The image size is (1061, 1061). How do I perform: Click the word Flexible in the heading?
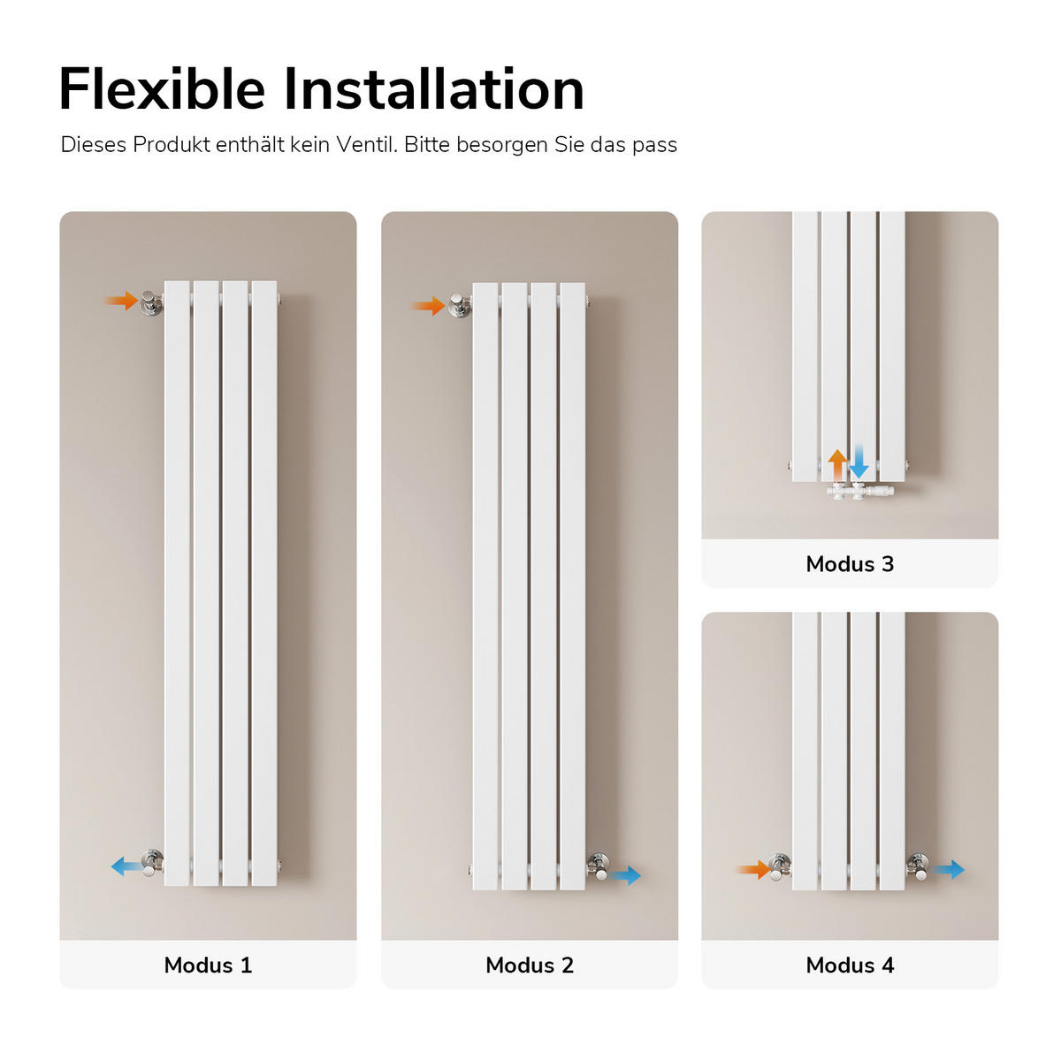coord(163,89)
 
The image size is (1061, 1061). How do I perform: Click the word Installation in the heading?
coord(434,89)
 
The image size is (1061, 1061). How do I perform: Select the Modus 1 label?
coord(208,965)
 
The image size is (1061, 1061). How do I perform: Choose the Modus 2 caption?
coord(530,965)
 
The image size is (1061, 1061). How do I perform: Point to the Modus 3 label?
coord(850,564)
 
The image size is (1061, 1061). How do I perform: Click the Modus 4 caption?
coord(850,965)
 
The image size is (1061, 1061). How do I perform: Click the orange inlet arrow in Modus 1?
coord(121,301)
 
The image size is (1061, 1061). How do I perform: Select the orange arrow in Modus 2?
coord(428,306)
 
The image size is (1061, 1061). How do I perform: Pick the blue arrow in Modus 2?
coord(626,875)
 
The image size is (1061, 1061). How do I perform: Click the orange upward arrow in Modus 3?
coord(837,465)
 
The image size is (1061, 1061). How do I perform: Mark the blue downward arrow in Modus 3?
coord(859,462)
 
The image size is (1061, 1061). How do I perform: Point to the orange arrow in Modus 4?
coord(754,869)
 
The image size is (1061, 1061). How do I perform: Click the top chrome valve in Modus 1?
coord(151,302)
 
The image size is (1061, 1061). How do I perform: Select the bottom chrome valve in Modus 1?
coord(152,864)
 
